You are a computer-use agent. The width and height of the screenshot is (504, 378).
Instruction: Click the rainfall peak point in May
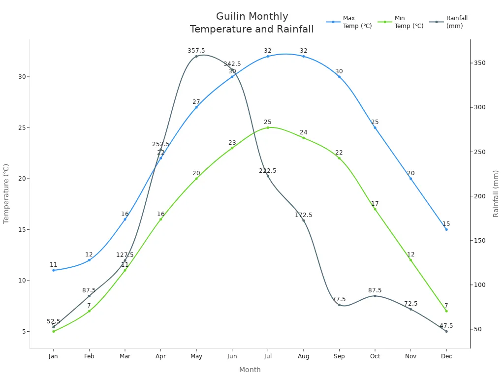196,56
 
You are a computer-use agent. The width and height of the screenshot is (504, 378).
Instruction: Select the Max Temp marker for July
268,56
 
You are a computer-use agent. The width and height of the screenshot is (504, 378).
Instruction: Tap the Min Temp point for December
446,311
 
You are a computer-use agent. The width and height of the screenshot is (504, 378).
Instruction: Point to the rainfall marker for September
339,305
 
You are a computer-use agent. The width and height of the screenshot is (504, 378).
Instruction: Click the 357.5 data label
196,51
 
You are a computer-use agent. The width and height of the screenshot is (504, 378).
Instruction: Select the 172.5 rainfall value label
304,215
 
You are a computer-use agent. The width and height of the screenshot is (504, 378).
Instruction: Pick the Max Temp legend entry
349,22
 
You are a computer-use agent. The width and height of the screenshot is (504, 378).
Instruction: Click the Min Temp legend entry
401,22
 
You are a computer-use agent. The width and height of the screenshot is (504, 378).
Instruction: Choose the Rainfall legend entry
449,22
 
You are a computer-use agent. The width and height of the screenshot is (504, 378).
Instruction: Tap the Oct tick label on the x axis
375,356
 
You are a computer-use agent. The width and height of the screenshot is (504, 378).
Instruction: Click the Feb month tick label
89,356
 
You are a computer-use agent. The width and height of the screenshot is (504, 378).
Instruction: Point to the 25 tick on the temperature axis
22,127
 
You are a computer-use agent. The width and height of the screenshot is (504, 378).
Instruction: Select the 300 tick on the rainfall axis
480,107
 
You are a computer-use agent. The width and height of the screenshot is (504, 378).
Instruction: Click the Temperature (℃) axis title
6,193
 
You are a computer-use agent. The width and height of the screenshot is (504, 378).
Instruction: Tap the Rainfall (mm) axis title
496,193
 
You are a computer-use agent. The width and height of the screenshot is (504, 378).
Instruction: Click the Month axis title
250,370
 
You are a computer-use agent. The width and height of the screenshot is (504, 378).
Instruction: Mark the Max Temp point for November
410,178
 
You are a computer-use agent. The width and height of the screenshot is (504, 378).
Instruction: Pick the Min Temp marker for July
268,127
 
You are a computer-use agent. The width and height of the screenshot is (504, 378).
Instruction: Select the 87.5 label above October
375,290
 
